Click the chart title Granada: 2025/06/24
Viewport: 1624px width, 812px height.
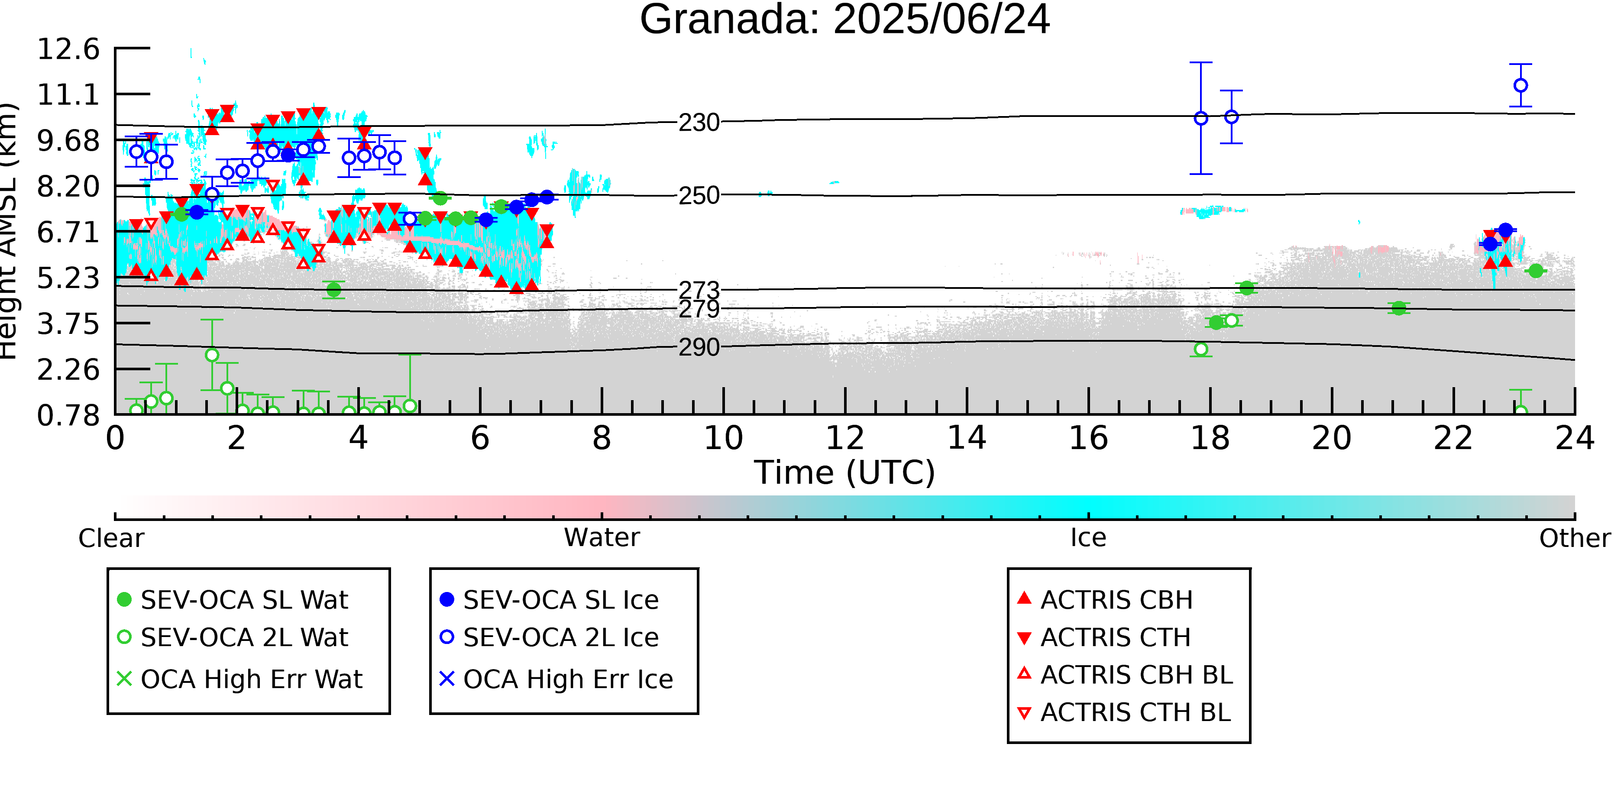(845, 19)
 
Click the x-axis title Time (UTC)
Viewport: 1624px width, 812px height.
(845, 472)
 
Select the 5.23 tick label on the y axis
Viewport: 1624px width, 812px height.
(68, 278)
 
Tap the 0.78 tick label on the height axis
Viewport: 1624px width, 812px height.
(68, 415)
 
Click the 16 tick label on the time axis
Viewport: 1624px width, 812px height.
(1089, 438)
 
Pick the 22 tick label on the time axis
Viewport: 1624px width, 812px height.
(1454, 438)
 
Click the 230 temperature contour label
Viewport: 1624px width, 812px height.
(699, 122)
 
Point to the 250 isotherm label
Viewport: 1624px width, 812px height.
(699, 195)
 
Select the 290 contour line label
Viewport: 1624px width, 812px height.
(699, 347)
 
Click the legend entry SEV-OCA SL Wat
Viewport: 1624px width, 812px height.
(233, 599)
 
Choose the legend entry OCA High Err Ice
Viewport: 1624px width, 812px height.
(556, 679)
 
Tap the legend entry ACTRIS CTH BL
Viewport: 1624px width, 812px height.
(1125, 712)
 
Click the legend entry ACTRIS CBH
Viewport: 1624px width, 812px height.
(1106, 599)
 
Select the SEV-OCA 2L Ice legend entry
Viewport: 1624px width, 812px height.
(549, 637)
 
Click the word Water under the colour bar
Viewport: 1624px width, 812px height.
(602, 538)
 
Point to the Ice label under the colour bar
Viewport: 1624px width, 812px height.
(1089, 538)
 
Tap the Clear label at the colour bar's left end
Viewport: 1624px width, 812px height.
(111, 538)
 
